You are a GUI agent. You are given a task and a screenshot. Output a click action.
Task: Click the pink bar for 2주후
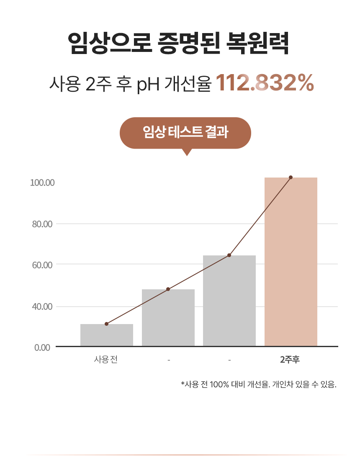[x=291, y=262]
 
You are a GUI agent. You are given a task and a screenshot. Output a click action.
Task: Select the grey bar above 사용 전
[x=106, y=335]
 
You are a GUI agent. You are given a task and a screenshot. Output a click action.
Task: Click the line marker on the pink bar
[x=291, y=177]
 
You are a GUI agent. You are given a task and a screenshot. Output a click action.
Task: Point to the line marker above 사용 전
[x=106, y=324]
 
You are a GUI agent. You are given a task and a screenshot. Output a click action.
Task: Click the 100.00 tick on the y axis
[x=43, y=183]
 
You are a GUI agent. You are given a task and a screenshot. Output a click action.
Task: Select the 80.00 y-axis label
[x=42, y=224]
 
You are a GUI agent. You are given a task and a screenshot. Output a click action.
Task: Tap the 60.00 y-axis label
[x=42, y=265]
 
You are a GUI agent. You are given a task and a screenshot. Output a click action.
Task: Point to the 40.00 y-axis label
[x=42, y=306]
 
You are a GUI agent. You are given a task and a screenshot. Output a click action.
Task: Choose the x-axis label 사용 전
[x=106, y=359]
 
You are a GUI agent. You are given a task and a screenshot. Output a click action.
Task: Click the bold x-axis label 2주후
[x=290, y=359]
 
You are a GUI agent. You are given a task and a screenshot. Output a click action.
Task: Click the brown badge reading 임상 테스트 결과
[x=185, y=133]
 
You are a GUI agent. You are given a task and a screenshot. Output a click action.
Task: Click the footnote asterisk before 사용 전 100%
[x=183, y=383]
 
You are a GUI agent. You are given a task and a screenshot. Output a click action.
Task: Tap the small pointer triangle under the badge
[x=187, y=152]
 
